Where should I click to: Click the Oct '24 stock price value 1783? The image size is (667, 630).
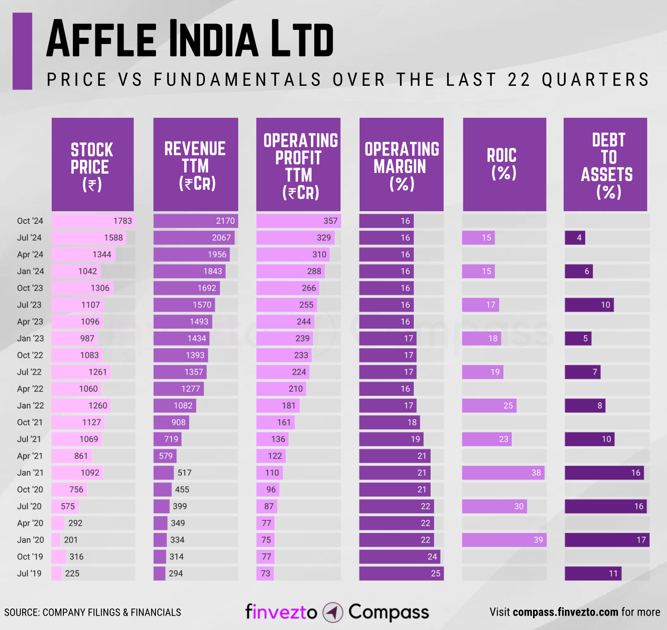coord(122,221)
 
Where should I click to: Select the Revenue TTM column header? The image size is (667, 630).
coord(196,164)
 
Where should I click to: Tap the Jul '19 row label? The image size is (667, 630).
coord(29,573)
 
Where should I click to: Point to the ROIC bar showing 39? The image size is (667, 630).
coord(504,540)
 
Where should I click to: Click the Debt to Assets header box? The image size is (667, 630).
coord(605,164)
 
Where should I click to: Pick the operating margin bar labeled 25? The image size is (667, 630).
coord(401,573)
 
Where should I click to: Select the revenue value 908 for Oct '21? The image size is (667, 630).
coord(178,422)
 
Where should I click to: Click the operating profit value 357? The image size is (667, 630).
coord(330,221)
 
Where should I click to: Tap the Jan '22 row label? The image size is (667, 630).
coord(31,405)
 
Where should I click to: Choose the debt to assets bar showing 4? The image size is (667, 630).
coord(575,238)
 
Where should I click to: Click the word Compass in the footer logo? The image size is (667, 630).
coord(388,612)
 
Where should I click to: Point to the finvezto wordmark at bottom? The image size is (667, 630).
coord(281,612)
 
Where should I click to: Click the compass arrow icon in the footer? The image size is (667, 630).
coord(333,612)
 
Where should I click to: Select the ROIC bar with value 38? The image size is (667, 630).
coord(503,473)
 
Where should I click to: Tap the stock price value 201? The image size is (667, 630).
coord(71,540)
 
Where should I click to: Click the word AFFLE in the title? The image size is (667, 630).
coord(102,39)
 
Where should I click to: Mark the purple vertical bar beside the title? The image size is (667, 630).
coord(22,51)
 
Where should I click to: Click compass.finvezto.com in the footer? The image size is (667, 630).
coord(565,612)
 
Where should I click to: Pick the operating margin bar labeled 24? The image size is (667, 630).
coord(400,557)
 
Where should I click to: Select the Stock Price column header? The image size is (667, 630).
coord(93,164)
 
